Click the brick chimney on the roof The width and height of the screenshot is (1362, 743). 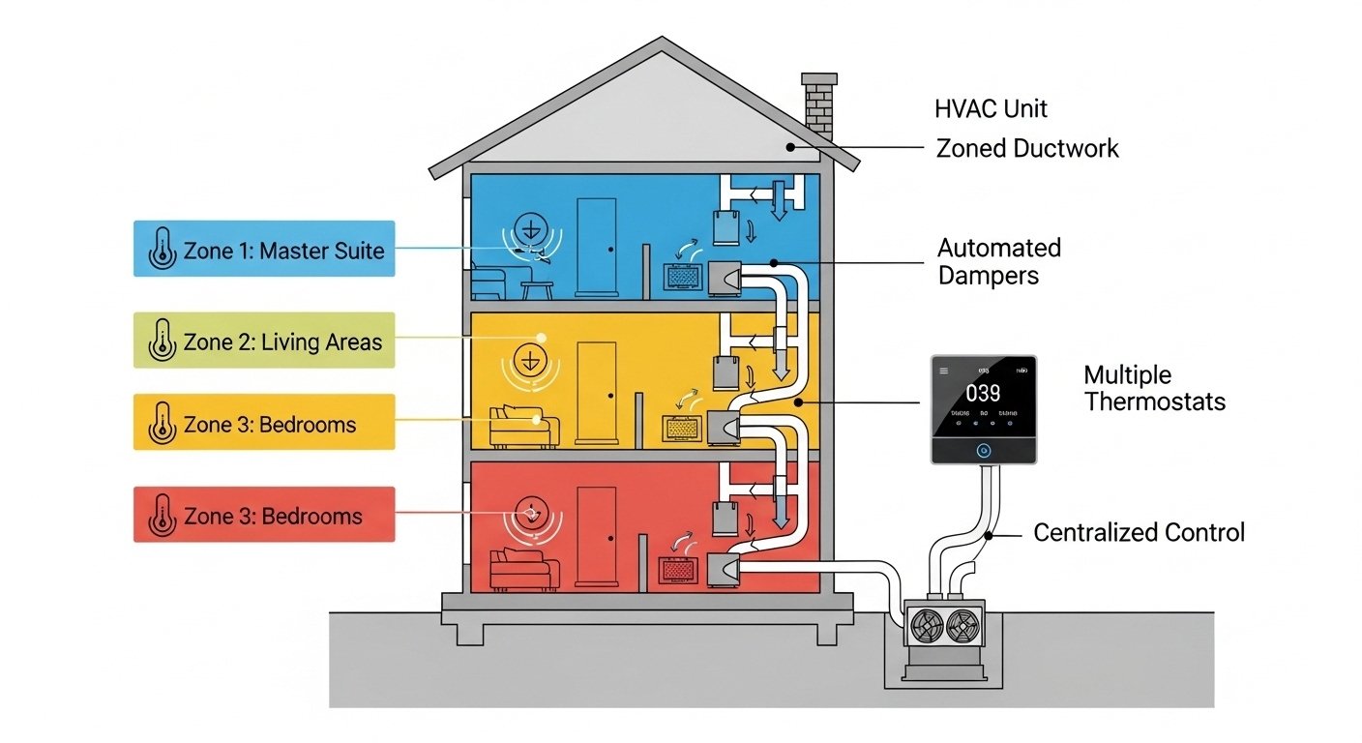coord(819,102)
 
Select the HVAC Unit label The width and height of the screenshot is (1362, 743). coord(991,108)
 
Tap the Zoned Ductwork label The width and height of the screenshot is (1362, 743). coord(1027,148)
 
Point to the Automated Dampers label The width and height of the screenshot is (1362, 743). coord(998,261)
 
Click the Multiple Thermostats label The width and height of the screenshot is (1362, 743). coord(1154,388)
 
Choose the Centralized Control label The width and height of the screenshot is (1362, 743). coord(1139,532)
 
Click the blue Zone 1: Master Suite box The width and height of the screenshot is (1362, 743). coord(264,250)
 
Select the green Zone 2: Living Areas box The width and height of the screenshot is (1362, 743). coord(264,341)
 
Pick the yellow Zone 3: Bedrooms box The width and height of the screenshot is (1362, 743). coord(264,423)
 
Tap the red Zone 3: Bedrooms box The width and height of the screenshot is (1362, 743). coord(264,515)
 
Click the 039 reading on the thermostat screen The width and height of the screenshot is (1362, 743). coord(983,393)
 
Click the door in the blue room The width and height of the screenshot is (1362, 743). coord(596,247)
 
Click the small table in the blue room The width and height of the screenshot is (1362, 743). coord(537,289)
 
